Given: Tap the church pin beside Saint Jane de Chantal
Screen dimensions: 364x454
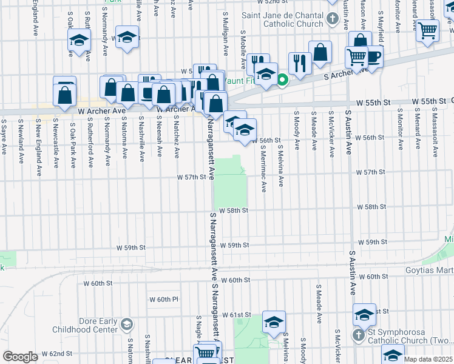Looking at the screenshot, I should pyautogui.click(x=331, y=18).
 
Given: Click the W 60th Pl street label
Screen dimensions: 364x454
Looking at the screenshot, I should pyautogui.click(x=164, y=299).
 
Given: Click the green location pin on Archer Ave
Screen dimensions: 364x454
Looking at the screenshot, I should pyautogui.click(x=282, y=79).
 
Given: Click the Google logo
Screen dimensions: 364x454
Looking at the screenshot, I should pyautogui.click(x=19, y=357).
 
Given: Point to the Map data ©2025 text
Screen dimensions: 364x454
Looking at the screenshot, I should pyautogui.click(x=428, y=359).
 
